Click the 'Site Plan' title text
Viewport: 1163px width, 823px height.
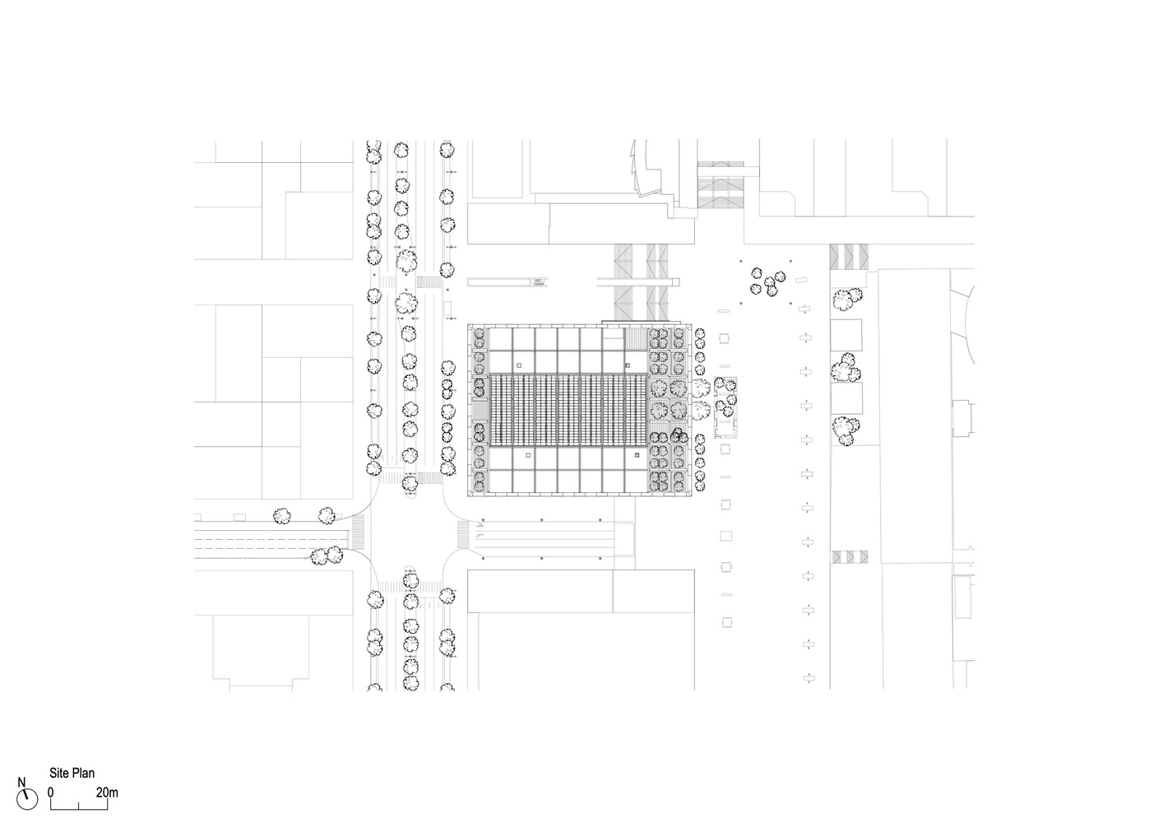coord(72,773)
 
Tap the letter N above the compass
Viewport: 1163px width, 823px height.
coord(22,783)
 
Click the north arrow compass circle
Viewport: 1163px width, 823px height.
coord(30,797)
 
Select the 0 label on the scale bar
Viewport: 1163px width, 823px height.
coord(50,793)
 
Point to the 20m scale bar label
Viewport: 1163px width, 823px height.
coord(107,793)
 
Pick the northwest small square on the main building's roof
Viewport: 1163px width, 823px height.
coord(519,363)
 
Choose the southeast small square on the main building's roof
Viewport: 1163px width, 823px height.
coord(637,453)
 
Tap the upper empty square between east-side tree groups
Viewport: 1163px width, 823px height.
coord(846,336)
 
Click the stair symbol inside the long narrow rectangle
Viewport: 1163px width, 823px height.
coord(539,282)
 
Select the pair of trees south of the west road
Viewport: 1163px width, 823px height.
coord(327,556)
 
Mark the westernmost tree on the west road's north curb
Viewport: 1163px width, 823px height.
coord(282,515)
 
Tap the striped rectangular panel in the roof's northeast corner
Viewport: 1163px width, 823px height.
coord(637,339)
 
